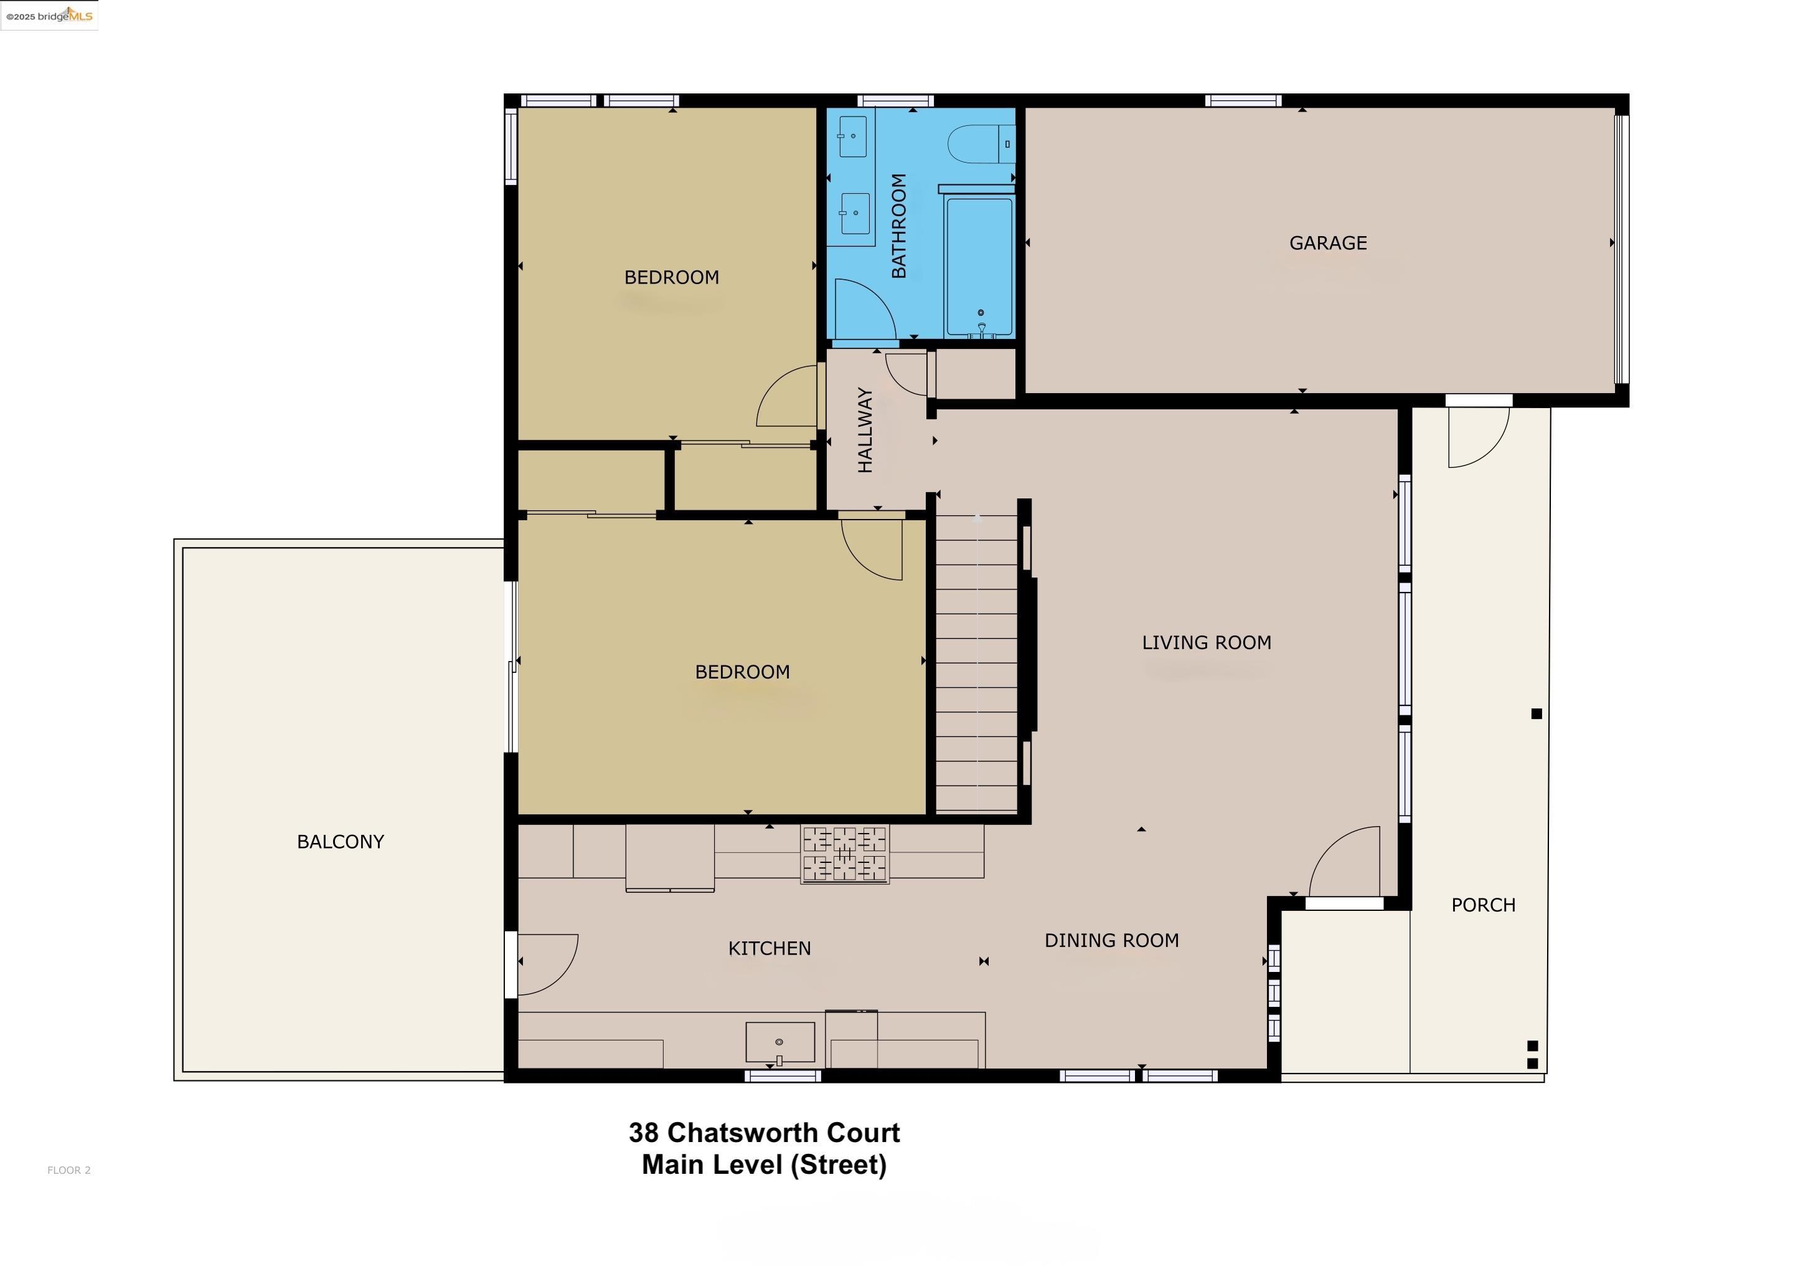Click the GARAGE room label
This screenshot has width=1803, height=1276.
pos(1328,244)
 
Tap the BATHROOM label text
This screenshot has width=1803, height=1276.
pos(899,226)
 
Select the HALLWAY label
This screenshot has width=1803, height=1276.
pos(865,430)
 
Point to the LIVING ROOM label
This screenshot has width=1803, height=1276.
pos(1206,643)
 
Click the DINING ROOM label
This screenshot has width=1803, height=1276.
pos(1111,941)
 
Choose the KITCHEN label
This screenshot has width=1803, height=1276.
pos(770,948)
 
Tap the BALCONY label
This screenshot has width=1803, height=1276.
pos(340,842)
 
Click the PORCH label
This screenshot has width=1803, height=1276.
pos(1482,905)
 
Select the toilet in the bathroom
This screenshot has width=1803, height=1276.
pos(982,145)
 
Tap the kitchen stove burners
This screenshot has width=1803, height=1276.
pos(845,854)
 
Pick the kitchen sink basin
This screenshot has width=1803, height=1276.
pos(779,1042)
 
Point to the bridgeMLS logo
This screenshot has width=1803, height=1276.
pos(49,16)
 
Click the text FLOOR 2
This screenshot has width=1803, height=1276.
pos(69,1170)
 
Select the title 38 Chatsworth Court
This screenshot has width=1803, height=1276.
pos(764,1133)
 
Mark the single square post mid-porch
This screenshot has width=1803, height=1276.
pos(1537,713)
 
